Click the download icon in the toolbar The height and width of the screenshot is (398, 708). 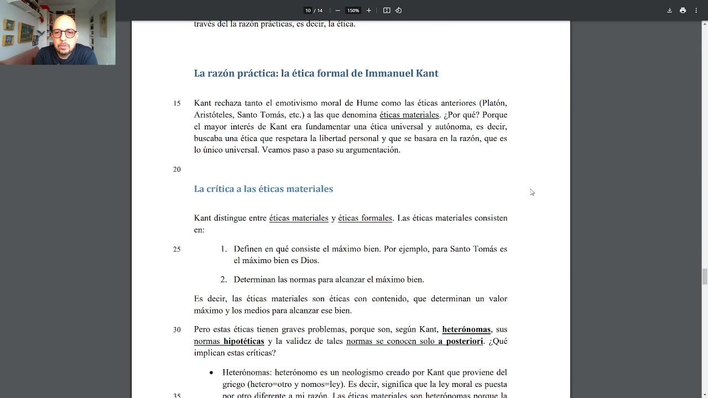[669, 11]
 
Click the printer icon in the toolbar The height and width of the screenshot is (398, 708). [683, 11]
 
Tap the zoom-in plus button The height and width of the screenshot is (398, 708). [369, 11]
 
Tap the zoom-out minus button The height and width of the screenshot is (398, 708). [337, 11]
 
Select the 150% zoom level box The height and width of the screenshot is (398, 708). [353, 11]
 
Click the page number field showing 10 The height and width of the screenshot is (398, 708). [308, 11]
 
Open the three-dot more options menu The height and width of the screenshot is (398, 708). [696, 11]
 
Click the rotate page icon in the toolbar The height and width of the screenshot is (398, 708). [398, 11]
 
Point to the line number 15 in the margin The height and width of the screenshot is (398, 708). [177, 103]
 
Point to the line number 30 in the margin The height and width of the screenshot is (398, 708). [177, 330]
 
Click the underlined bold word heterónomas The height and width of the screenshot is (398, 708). [466, 329]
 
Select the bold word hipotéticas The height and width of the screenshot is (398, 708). [244, 342]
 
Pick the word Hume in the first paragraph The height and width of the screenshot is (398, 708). [367, 103]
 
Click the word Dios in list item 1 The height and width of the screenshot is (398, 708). [310, 261]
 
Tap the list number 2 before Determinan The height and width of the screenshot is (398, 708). [223, 280]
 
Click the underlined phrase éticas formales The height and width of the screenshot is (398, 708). [365, 218]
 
